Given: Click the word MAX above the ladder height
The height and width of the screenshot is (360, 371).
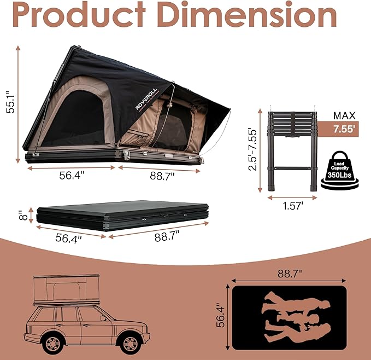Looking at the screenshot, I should pos(344,115).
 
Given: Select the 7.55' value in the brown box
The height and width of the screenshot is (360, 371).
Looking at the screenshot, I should pos(344,130).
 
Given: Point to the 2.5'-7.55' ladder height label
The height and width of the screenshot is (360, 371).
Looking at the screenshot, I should pos(252,149).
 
